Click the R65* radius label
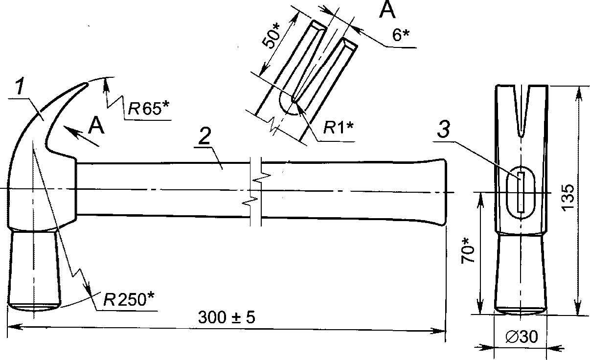148,108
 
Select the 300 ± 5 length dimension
227,317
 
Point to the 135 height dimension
568,198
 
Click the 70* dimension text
468,251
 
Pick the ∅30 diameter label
522,337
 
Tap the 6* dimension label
401,35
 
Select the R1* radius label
338,128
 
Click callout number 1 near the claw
20,86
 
